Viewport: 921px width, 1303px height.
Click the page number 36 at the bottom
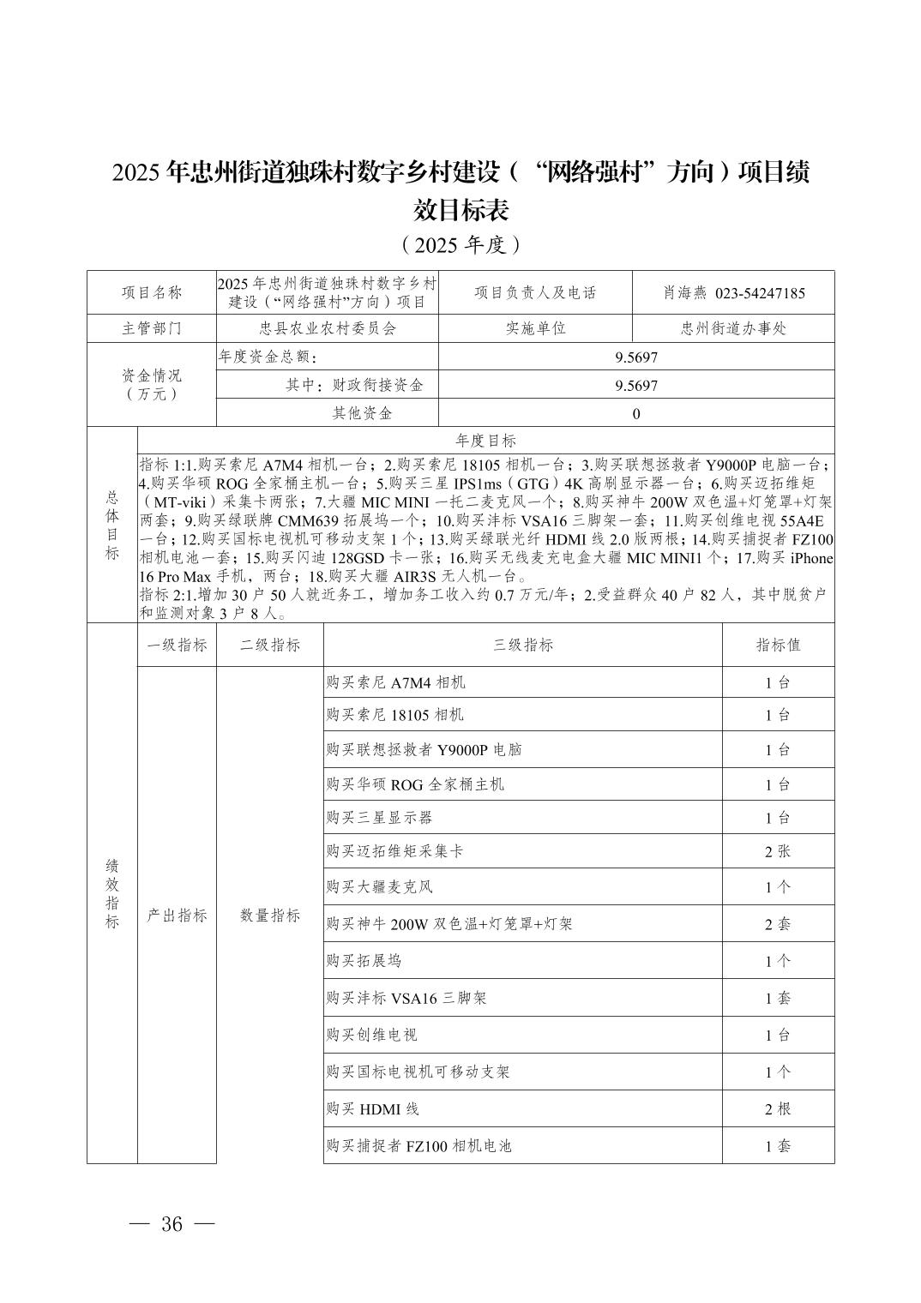point(172,1224)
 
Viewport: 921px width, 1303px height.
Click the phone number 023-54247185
point(760,293)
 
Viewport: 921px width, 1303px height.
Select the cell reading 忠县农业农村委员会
point(328,328)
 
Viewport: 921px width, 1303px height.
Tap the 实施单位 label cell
point(535,328)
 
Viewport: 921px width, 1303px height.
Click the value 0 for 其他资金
point(636,414)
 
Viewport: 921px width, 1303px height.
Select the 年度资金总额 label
point(268,357)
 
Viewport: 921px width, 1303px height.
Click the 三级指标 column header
point(522,645)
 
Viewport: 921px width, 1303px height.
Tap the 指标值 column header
point(778,645)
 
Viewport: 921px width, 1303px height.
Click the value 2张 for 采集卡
point(778,851)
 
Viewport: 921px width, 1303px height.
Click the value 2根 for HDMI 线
point(778,1109)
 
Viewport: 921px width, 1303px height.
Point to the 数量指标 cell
point(270,916)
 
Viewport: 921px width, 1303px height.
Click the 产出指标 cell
point(177,916)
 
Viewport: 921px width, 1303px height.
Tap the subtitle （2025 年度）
point(460,245)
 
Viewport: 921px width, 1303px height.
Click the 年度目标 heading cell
point(485,441)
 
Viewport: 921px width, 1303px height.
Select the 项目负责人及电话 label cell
point(535,293)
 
